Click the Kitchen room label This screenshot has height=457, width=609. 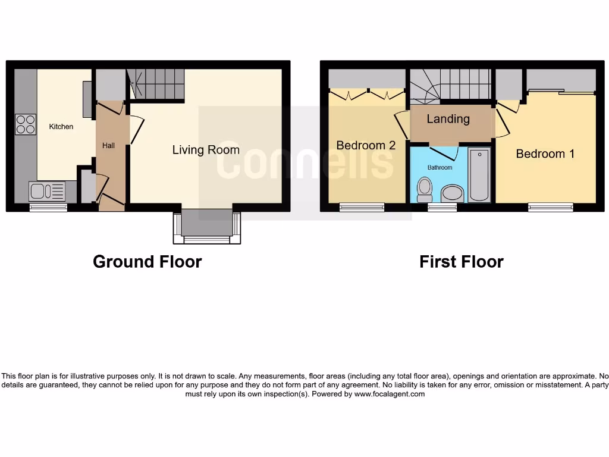point(61,127)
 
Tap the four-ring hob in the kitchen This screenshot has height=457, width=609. point(26,124)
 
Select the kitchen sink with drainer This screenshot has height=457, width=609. point(47,191)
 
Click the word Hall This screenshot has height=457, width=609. point(108,146)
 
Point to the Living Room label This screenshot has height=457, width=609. point(206,150)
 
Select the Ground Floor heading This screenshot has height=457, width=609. point(147,262)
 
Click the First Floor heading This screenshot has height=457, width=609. point(461,262)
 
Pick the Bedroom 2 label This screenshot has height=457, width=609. point(366,145)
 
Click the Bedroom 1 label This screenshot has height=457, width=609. point(545,154)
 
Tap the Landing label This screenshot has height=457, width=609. point(448,119)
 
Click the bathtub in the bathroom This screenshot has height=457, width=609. point(479,176)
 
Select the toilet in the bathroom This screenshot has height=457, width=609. point(425,190)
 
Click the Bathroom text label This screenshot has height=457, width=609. point(440,168)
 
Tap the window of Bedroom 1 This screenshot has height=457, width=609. point(551,207)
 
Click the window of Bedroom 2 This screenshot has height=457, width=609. point(362,207)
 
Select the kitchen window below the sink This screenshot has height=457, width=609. point(48,207)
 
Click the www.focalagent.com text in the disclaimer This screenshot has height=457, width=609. point(390,394)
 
